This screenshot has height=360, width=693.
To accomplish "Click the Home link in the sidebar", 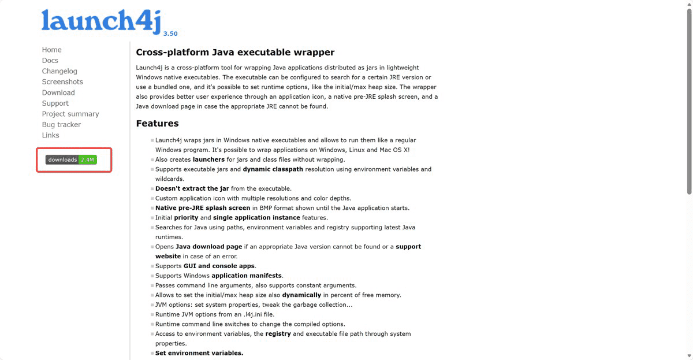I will pyautogui.click(x=51, y=50).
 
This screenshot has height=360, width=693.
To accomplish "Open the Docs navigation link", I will pyautogui.click(x=50, y=61).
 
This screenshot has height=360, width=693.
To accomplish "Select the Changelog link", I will pyautogui.click(x=59, y=71).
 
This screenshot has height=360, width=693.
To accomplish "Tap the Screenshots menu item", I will pyautogui.click(x=62, y=82).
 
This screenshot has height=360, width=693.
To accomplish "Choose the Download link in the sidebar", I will pyautogui.click(x=58, y=92).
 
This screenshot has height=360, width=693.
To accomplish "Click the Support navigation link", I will pyautogui.click(x=55, y=103).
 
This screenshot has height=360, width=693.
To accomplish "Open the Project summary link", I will pyautogui.click(x=70, y=114).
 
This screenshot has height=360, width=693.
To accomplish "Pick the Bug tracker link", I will pyautogui.click(x=61, y=125).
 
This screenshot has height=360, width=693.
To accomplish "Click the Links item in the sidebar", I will pyautogui.click(x=50, y=135).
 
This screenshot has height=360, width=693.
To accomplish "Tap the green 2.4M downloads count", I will pyautogui.click(x=88, y=159).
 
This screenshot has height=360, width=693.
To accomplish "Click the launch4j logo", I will pyautogui.click(x=100, y=20).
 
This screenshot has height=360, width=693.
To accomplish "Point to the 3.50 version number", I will pyautogui.click(x=170, y=34).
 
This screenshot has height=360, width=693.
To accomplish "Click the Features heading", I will pyautogui.click(x=157, y=123).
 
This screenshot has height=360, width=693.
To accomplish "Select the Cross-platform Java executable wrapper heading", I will pyautogui.click(x=235, y=52).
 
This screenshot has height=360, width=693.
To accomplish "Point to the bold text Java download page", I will pyautogui.click(x=209, y=247).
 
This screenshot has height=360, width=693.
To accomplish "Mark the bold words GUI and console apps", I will pyautogui.click(x=219, y=266).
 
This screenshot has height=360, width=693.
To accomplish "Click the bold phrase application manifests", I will pyautogui.click(x=247, y=276).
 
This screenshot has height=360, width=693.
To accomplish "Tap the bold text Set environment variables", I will pyautogui.click(x=199, y=353).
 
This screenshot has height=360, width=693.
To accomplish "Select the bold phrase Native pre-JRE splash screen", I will pyautogui.click(x=203, y=208).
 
